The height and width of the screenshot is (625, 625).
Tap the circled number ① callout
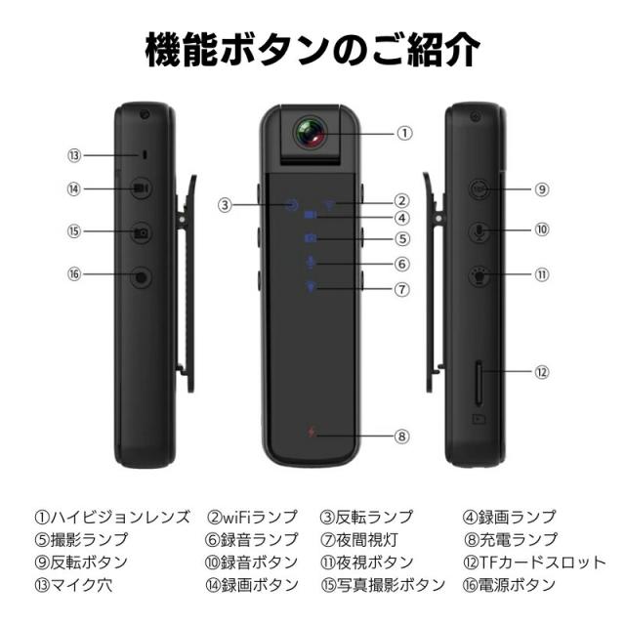click(x=405, y=133)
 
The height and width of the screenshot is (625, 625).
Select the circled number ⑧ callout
click(x=402, y=436)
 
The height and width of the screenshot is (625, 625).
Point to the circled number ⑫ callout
click(x=542, y=371)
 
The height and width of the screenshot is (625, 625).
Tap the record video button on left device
click(x=142, y=188)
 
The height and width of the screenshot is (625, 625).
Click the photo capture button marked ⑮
click(x=142, y=232)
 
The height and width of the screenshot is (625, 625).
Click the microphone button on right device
click(x=479, y=231)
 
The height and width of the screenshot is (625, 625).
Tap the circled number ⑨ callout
click(x=542, y=188)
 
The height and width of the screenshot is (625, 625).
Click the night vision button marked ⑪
click(x=479, y=275)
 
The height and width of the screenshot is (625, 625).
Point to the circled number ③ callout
click(x=225, y=205)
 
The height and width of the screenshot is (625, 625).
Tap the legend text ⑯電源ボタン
click(x=511, y=585)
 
